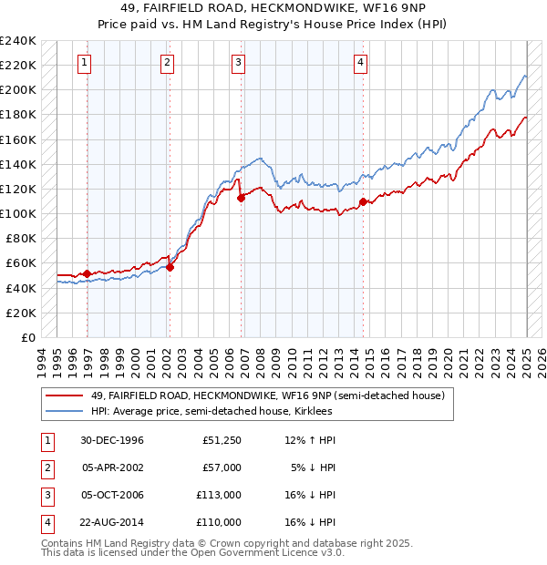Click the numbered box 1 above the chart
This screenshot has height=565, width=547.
84,63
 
